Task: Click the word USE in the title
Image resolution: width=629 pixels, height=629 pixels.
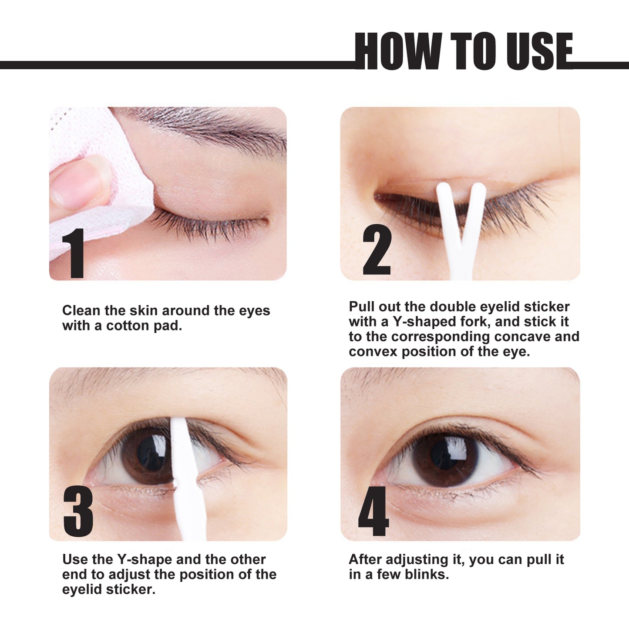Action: click(539, 51)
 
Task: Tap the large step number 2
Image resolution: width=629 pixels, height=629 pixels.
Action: click(377, 250)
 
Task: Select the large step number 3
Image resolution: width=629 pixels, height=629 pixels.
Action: click(78, 511)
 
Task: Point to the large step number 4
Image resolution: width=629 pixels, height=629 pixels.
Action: click(373, 511)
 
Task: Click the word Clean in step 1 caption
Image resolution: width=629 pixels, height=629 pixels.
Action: click(81, 311)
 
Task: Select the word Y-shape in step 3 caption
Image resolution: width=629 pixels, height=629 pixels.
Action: click(145, 559)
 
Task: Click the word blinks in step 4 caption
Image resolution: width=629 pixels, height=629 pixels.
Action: click(427, 575)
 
